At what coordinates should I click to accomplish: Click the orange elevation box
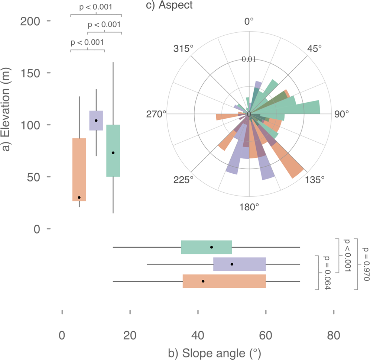(x=79, y=169)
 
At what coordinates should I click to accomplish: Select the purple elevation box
(x=96, y=120)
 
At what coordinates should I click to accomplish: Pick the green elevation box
(x=113, y=151)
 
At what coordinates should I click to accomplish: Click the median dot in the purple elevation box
(x=96, y=120)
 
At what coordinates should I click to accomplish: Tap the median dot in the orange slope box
(x=203, y=281)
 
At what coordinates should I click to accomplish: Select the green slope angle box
(x=206, y=247)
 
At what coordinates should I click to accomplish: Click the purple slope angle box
(x=239, y=264)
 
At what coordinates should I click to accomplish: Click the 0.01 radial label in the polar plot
(x=249, y=59)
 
